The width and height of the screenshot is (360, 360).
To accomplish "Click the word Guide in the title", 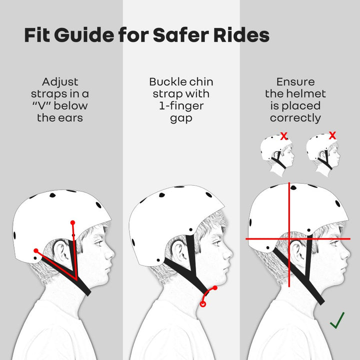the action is tap(84, 35).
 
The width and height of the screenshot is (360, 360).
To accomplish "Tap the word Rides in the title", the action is tap(241, 35).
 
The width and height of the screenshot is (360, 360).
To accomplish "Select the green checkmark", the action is tap(337, 320).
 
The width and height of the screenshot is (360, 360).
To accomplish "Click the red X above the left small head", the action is tap(284, 136).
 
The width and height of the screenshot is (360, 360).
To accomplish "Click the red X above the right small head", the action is tap(332, 135).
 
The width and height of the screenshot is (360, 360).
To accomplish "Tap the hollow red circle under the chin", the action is tap(202, 304).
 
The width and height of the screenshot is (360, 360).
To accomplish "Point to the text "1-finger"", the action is tap(181, 106).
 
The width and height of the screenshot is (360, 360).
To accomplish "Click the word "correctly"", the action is tap(295, 118).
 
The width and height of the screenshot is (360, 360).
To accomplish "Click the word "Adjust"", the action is tap(60, 82).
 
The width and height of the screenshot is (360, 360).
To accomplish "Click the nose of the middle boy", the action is tap(228, 253).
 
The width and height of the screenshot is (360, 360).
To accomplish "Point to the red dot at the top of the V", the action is tap(73, 222).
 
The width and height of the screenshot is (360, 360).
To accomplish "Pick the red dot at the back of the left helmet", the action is tap(36, 250).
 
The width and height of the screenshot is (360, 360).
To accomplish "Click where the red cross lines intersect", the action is tap(289, 239).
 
